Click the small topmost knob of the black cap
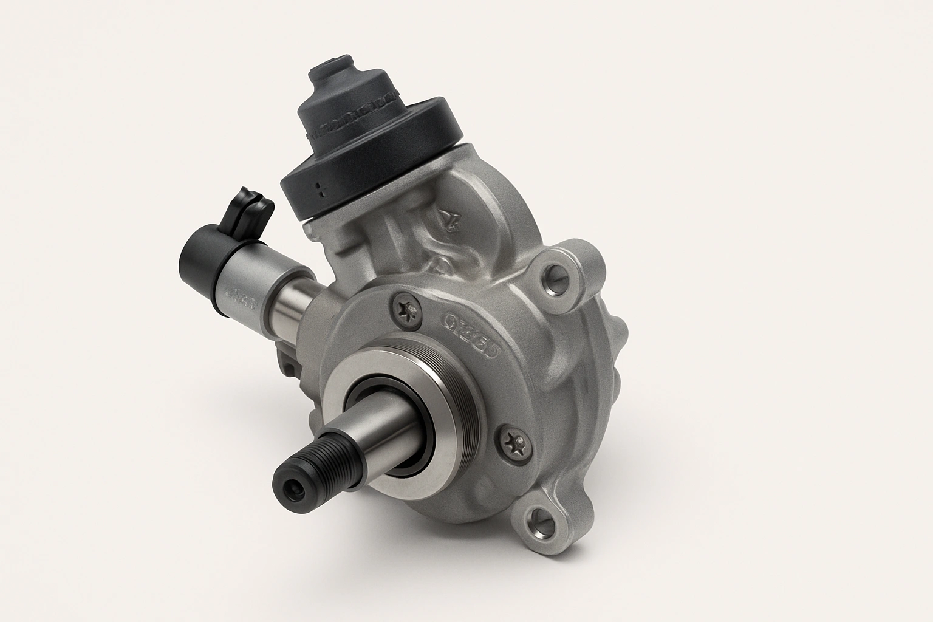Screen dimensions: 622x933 coord(331,64)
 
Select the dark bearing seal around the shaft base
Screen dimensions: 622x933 coord(395,425)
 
